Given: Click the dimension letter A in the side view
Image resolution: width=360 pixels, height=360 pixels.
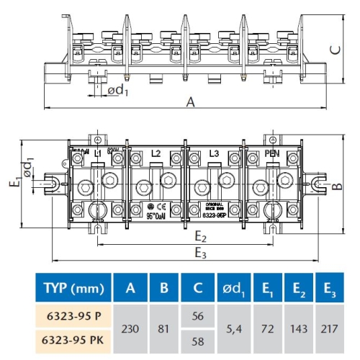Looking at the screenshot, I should click(x=190, y=102).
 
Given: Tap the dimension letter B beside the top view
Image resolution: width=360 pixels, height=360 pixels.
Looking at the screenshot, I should click(x=336, y=185).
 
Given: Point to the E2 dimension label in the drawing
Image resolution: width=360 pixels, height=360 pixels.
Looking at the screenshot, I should click(x=201, y=238).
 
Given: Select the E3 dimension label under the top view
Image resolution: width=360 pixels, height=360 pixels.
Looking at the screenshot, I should click(x=201, y=253).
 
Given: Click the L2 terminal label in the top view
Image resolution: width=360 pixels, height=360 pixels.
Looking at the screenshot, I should click(x=156, y=153).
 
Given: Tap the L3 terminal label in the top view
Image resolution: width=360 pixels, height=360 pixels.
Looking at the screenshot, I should click(x=213, y=153).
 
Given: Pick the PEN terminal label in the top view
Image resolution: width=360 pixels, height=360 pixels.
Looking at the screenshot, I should click(x=272, y=153).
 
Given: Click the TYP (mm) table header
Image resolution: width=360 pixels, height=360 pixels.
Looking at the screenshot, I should click(x=71, y=289).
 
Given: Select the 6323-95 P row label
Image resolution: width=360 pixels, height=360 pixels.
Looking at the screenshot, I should click(x=71, y=316).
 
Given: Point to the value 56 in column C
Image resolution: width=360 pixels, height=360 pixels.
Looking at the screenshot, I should click(x=199, y=316).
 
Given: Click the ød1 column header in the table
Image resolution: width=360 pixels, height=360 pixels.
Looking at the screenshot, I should click(x=233, y=289).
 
